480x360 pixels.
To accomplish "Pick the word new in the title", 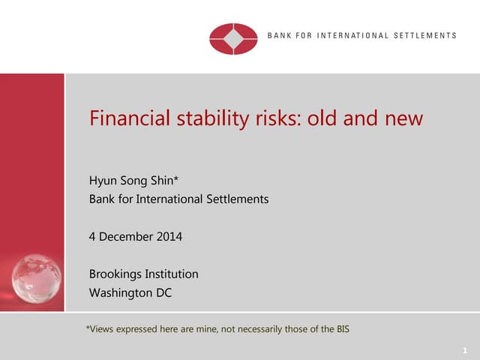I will click(x=407, y=118).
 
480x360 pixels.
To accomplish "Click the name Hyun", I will click(x=103, y=181).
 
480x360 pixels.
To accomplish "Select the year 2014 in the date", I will click(x=168, y=237).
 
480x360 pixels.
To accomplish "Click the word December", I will click(x=126, y=237).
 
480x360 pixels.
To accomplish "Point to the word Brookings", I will click(x=116, y=274).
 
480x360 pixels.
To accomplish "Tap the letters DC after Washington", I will click(x=163, y=292).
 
